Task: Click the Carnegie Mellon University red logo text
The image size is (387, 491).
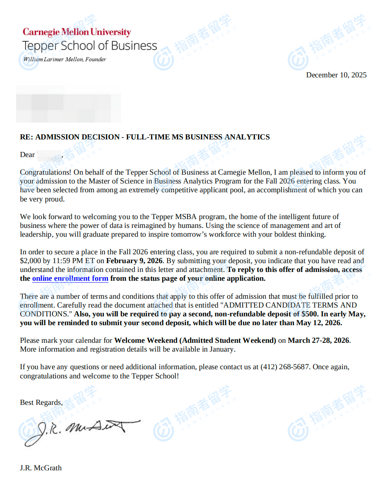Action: pos(77,32)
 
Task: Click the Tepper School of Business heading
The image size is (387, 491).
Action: pos(90,46)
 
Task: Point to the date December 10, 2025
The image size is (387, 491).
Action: pos(336,75)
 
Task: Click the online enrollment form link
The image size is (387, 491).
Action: pos(70,278)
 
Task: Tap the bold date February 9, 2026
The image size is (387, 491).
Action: pos(134,261)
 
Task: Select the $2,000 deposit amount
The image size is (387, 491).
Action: pos(30,261)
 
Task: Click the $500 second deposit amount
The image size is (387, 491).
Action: pos(310,314)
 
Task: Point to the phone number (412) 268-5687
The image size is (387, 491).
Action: pos(285,367)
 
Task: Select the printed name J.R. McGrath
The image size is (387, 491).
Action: pos(41,468)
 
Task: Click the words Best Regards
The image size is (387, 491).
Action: pos(41,403)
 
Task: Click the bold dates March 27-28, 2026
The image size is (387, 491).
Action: pos(318,340)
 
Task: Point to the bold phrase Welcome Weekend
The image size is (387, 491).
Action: pos(146,340)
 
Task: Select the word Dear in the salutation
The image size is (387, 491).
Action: pos(27,155)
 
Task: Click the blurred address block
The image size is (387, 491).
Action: pos(68,104)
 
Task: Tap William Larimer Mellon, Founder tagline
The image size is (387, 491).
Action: pos(64,59)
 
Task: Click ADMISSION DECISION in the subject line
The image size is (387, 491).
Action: pos(77,137)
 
